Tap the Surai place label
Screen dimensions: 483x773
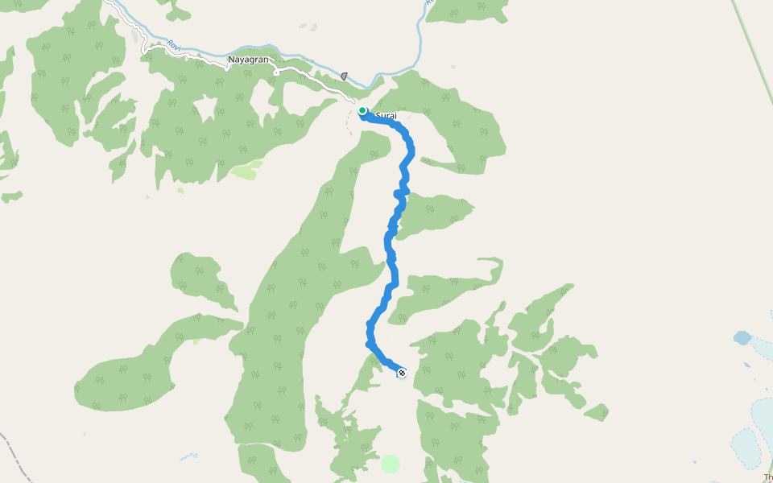coord(386,116)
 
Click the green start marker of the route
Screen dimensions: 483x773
coord(363,111)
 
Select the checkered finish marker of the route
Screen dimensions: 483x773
coord(402,372)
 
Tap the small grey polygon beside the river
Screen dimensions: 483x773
coord(344,76)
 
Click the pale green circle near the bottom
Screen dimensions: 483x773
coord(391,464)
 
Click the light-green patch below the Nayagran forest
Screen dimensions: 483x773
coord(246,171)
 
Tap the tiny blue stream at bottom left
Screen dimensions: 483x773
coord(188,456)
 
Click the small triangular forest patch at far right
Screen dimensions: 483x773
coord(597,413)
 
